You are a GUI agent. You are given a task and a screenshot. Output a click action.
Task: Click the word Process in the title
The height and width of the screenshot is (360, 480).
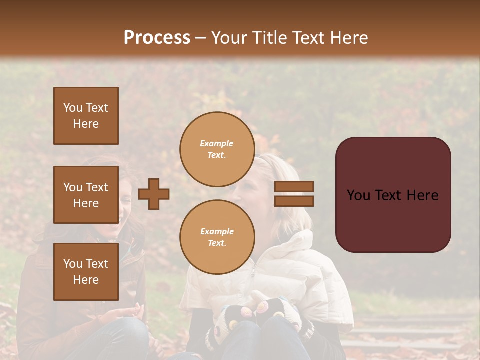pyautogui.click(x=157, y=38)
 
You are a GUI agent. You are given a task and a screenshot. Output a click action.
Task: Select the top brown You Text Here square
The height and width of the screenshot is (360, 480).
pyautogui.click(x=86, y=116)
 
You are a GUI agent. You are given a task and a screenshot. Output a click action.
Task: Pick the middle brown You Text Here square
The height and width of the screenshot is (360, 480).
pyautogui.click(x=86, y=195)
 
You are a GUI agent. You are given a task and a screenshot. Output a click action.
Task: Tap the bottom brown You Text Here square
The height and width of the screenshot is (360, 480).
pyautogui.click(x=86, y=272)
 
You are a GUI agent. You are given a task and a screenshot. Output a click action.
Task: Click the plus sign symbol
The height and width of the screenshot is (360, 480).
pyautogui.click(x=154, y=194)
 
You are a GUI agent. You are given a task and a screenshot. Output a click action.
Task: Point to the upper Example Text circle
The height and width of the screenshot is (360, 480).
pyautogui.click(x=217, y=149)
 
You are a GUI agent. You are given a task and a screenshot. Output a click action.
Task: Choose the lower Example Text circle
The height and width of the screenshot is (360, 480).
pyautogui.click(x=217, y=237)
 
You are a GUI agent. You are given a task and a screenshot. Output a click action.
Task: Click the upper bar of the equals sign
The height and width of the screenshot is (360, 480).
pyautogui.click(x=294, y=186)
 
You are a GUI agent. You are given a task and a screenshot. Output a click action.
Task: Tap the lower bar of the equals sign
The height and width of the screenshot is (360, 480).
pyautogui.click(x=294, y=201)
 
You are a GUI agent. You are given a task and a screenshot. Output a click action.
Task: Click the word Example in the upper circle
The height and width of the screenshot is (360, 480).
pyautogui.click(x=217, y=144)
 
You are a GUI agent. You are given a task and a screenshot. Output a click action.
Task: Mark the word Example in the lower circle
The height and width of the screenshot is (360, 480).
pyautogui.click(x=217, y=232)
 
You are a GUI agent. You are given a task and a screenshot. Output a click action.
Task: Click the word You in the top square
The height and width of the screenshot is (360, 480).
pyautogui.click(x=73, y=108)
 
